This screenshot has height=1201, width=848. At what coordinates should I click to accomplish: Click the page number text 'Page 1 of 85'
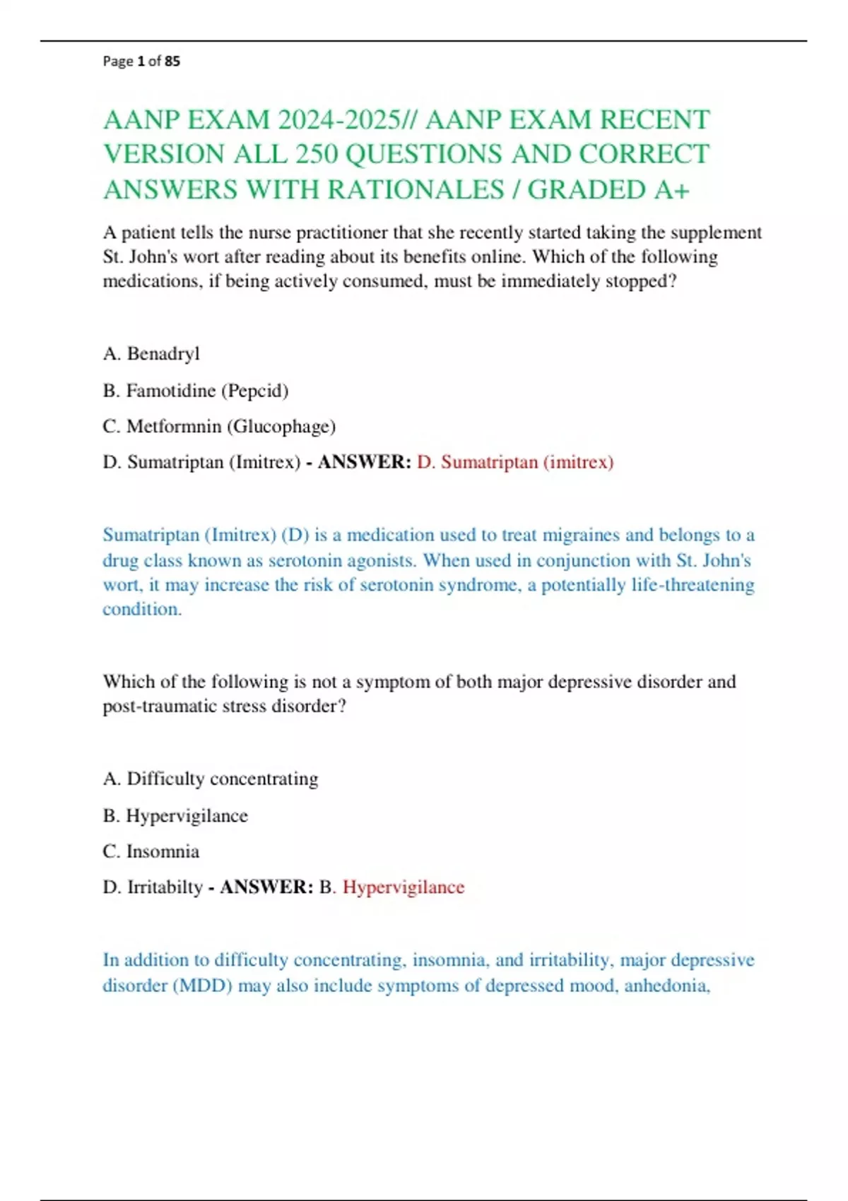click(141, 61)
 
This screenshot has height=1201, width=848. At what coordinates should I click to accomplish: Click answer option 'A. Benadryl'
click(151, 353)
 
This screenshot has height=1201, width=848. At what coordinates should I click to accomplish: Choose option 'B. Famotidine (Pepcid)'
click(196, 390)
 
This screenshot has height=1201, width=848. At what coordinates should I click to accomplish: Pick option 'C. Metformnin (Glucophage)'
click(219, 426)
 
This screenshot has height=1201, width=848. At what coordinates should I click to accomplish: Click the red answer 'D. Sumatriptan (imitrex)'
click(515, 462)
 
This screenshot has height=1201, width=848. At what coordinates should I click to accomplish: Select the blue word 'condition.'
click(142, 609)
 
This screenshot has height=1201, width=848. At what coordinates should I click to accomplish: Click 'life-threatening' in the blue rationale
click(647, 585)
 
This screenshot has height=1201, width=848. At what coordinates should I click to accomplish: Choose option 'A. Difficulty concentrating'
click(211, 779)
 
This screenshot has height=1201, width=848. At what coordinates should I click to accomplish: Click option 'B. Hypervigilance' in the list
click(175, 815)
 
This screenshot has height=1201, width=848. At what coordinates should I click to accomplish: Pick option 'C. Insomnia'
click(151, 851)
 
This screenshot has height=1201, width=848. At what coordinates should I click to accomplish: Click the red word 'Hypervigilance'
click(404, 887)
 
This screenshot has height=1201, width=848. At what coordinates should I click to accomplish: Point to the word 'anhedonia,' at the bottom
click(667, 985)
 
